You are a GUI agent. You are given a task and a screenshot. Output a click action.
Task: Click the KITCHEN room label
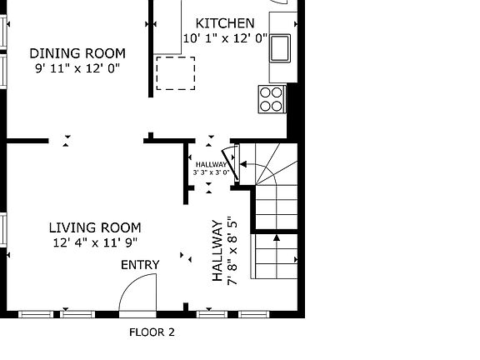click(225, 23)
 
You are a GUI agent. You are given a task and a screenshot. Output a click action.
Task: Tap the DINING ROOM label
click(77, 53)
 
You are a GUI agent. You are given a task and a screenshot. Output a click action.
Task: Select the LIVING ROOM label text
click(95, 227)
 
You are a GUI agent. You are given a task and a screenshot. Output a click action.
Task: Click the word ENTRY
click(140, 265)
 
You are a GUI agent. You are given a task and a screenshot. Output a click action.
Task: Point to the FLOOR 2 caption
click(152, 332)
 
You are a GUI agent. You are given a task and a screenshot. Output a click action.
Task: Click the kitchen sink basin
click(280, 48)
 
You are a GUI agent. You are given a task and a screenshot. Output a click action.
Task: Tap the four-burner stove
click(272, 99)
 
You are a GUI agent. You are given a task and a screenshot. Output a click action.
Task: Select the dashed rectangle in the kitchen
click(175, 73)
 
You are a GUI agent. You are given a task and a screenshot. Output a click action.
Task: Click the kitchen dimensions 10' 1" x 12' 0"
click(225, 38)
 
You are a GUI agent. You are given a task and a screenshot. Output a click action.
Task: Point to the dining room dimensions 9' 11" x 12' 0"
click(77, 68)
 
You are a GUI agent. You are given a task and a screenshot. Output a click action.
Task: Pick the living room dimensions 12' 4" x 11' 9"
click(95, 242)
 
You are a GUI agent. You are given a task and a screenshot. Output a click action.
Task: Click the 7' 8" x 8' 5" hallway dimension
click(232, 251)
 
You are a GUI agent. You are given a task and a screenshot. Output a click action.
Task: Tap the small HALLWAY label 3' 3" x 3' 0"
click(211, 168)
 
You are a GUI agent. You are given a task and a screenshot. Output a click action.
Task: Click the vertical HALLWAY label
click(217, 250)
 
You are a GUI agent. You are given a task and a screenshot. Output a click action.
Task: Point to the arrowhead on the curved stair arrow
click(243, 164)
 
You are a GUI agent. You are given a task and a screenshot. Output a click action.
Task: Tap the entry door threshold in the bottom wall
click(137, 314)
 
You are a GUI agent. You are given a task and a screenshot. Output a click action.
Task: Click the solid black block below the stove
click(293, 111)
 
